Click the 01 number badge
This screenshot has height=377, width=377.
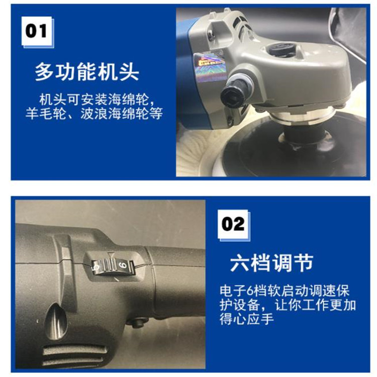(x=37, y=31)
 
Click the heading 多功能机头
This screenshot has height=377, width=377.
(x=87, y=72)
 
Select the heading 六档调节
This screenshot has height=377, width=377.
(x=271, y=262)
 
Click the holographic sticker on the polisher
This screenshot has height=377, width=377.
(x=210, y=65)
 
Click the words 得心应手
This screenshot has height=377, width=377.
(x=246, y=319)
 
